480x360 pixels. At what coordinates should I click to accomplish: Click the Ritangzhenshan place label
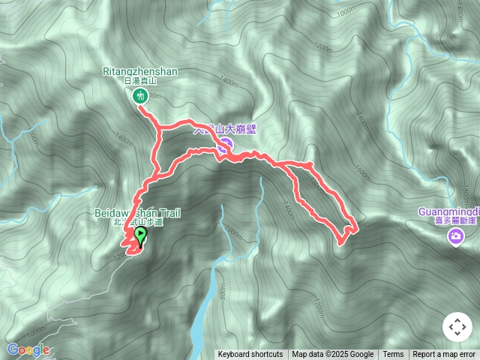(139, 72)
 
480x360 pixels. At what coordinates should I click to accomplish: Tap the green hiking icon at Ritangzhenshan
(139, 95)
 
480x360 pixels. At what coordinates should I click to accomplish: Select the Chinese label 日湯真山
(139, 81)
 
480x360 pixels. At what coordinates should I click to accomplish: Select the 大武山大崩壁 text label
(225, 128)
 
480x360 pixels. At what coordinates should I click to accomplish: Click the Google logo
(28, 349)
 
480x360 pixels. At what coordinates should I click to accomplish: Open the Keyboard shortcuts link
(250, 355)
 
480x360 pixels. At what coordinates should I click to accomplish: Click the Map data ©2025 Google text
(332, 355)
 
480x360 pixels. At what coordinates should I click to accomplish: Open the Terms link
(393, 355)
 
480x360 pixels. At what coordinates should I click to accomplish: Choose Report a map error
(444, 355)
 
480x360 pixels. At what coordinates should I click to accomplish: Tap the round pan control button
(456, 328)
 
